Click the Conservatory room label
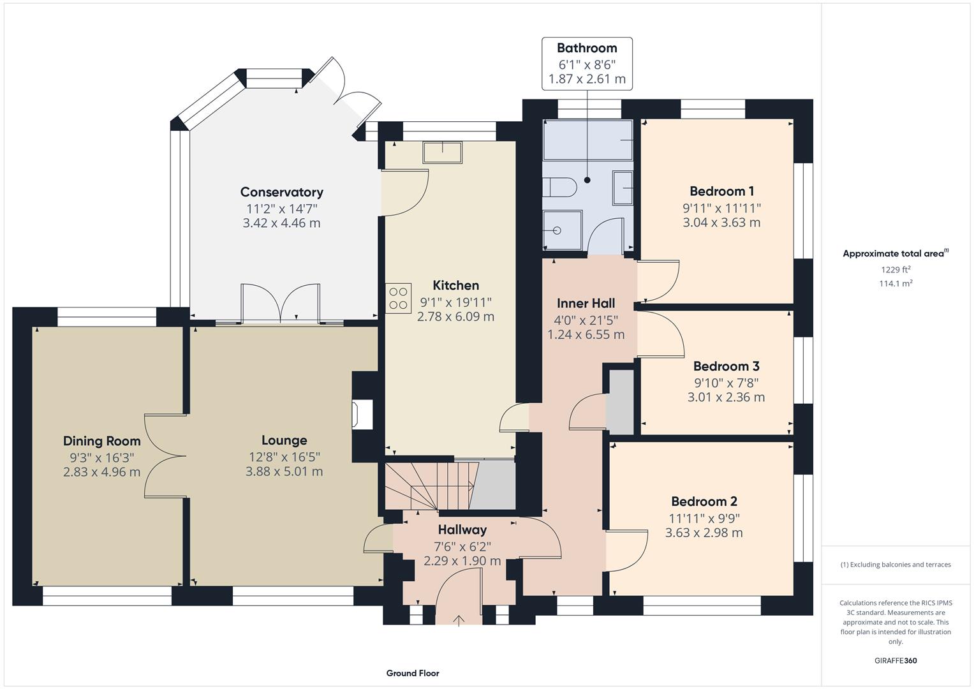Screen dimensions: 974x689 tap(282, 192)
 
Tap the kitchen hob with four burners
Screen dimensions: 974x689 tap(398, 299)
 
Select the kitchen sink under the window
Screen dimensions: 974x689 tap(442, 152)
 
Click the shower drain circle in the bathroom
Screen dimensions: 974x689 tap(557, 230)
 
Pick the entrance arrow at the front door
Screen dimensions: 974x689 tap(459, 620)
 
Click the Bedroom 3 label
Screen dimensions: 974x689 tap(726, 366)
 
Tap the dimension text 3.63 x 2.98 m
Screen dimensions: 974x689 tap(704, 533)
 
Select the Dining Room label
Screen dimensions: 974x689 tap(102, 441)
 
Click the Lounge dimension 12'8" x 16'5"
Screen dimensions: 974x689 tap(284, 457)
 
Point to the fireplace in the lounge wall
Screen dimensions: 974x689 tap(363, 415)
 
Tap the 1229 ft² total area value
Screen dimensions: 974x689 tap(896, 270)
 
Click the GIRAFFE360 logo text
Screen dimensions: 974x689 tap(896, 660)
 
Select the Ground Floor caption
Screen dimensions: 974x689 tap(413, 673)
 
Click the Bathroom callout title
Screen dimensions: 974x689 tap(587, 48)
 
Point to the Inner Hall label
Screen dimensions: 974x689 tap(586, 303)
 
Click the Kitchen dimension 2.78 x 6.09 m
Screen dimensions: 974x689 tap(455, 316)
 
